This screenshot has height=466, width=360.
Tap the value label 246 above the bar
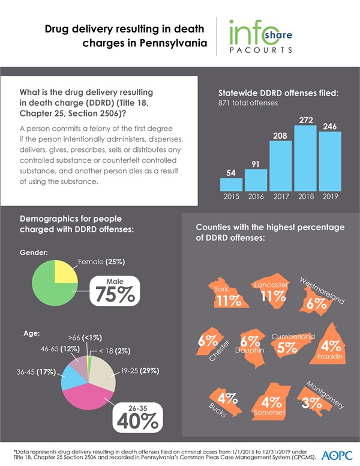(x=329, y=127)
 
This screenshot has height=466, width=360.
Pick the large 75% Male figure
(x=114, y=291)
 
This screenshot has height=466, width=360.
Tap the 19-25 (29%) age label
(x=140, y=371)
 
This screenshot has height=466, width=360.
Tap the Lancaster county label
(x=272, y=284)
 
